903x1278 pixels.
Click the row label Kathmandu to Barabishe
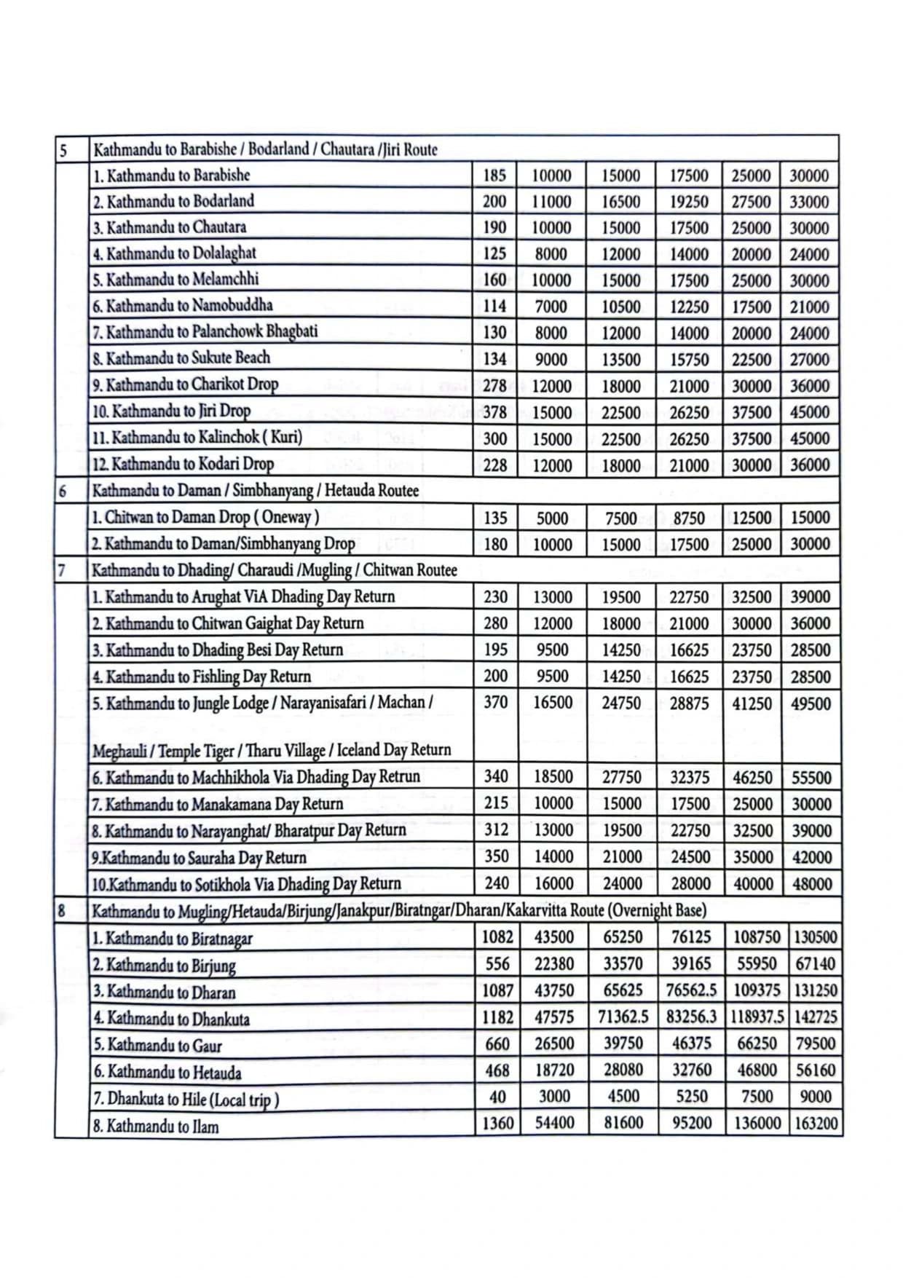click(171, 175)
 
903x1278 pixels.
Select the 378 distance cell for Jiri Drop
click(494, 412)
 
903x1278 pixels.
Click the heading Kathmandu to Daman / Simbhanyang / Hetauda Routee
click(256, 490)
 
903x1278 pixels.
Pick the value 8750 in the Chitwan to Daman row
click(688, 518)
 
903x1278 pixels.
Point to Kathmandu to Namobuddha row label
click(182, 306)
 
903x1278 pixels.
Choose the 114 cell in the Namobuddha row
click(494, 307)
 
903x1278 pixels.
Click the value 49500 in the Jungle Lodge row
click(811, 703)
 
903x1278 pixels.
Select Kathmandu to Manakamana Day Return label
click(217, 804)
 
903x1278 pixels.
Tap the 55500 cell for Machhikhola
click(811, 777)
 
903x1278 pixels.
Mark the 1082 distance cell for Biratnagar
click(497, 937)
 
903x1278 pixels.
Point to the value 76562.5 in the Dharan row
click(691, 990)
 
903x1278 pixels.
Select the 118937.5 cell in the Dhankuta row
click(757, 1017)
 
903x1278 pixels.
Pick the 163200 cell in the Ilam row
click(816, 1123)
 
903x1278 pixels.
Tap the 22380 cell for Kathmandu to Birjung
click(554, 964)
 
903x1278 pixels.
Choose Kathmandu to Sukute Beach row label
click(181, 358)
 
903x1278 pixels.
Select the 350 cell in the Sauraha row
click(496, 856)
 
